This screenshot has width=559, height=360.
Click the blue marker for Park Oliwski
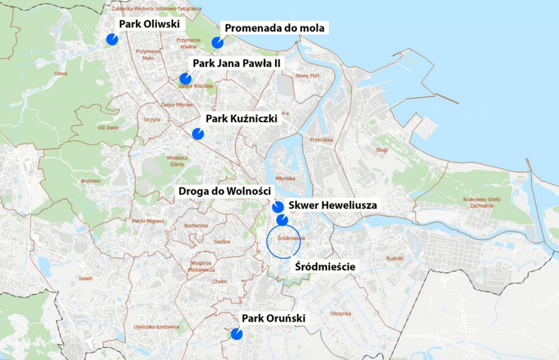[112, 39]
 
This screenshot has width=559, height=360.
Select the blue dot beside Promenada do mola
[218, 43]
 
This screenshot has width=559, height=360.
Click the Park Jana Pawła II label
[236, 64]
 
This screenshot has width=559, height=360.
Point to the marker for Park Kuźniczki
[198, 134]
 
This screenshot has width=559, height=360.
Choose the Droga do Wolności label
[225, 191]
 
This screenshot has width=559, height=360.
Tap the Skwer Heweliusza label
[333, 205]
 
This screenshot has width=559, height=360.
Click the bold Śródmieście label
[325, 267]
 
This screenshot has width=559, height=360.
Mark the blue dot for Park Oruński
[236, 334]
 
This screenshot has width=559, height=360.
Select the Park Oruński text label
[274, 319]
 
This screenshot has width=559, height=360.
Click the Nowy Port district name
[307, 76]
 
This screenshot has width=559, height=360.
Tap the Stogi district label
[381, 151]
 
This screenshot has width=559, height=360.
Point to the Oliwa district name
[60, 74]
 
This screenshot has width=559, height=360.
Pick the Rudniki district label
[394, 258]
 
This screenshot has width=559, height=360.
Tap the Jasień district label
[85, 278]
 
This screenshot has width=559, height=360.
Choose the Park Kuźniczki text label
[241, 119]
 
